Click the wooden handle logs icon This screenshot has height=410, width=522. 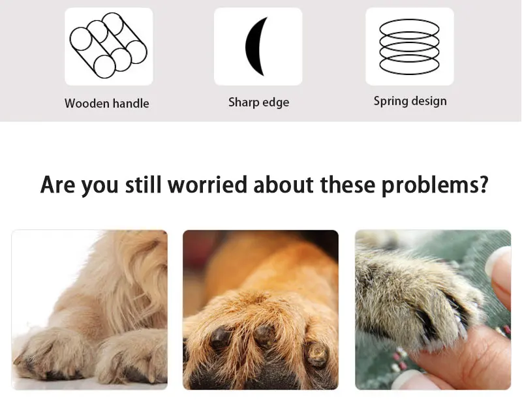[108, 46]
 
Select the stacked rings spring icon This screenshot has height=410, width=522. [409, 46]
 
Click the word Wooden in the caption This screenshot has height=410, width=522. [87, 103]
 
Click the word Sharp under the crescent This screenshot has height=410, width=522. [241, 102]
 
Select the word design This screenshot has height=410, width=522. [427, 101]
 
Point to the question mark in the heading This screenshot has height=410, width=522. [482, 185]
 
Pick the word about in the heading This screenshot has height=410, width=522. [283, 185]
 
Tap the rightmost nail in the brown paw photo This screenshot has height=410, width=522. [316, 353]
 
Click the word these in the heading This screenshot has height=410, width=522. [348, 185]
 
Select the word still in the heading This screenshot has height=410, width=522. [143, 185]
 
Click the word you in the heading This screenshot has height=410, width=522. [100, 187]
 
